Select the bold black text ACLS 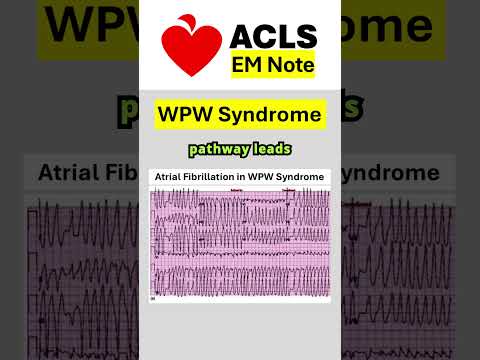[x=273, y=37]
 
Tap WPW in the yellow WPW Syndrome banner [x=187, y=115]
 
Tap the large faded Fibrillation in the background [x=125, y=172]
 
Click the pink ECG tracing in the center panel [x=240, y=240]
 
